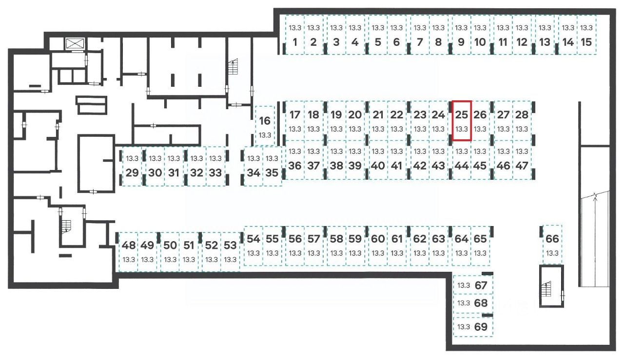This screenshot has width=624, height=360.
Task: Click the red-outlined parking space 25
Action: (x=462, y=121)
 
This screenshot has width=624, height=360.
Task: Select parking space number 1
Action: (x=294, y=36)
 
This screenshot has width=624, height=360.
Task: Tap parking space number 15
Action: (x=587, y=36)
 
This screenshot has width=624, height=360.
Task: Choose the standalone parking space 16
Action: (x=265, y=126)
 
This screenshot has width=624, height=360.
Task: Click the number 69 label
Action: (x=481, y=327)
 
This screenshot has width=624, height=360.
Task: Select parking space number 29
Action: (x=132, y=166)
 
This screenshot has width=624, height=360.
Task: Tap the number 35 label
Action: (x=273, y=172)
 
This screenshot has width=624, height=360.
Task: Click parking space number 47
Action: (x=522, y=159)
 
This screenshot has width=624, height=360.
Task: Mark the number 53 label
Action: (x=231, y=245)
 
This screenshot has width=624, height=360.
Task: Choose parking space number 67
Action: (x=473, y=285)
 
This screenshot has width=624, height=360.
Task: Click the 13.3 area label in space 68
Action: (x=464, y=303)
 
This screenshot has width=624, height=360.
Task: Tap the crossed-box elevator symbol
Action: (x=75, y=43)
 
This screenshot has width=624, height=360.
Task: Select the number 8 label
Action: (x=438, y=42)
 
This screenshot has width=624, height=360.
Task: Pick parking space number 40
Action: (x=378, y=159)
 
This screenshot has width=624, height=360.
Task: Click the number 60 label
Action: (x=378, y=239)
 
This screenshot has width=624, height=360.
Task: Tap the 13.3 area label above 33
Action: (x=215, y=158)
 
